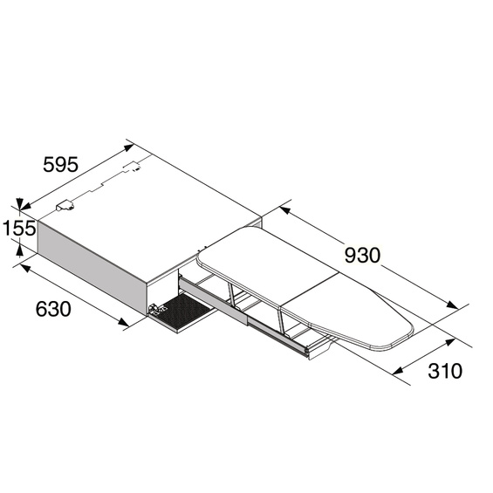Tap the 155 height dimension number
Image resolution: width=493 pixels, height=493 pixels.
pyautogui.click(x=18, y=229)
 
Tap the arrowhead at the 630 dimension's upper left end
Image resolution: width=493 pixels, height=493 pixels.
pyautogui.click(x=23, y=265)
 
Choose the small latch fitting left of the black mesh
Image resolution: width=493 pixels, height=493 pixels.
pyautogui.click(x=154, y=309)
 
